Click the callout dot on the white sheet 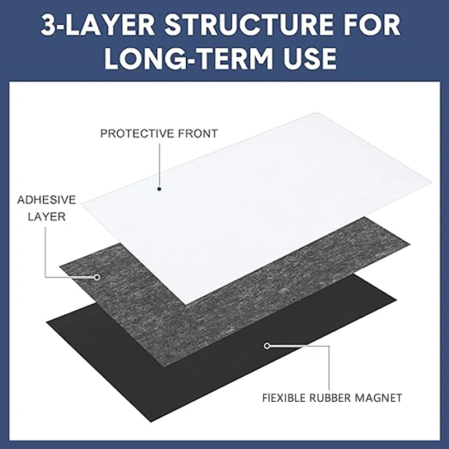pyautogui.click(x=159, y=189)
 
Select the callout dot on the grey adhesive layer pyautogui.click(x=97, y=277)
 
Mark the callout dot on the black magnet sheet pyautogui.click(x=267, y=346)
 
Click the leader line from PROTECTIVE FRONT pyautogui.click(x=159, y=163)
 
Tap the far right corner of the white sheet pyautogui.click(x=433, y=182)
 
